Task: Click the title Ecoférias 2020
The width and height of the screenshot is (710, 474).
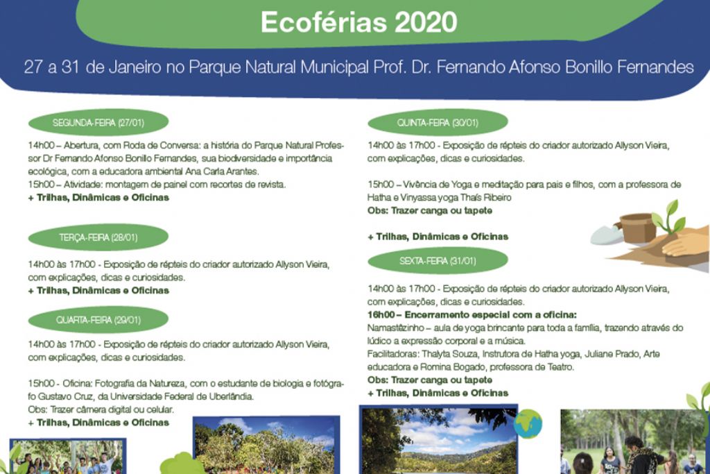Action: [358, 22]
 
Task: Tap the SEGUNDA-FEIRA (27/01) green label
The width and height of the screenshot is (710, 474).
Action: [98, 122]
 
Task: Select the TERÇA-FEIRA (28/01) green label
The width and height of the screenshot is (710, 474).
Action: [98, 237]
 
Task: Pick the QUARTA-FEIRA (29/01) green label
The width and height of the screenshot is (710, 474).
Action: [98, 320]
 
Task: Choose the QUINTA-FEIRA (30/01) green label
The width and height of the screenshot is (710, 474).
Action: [438, 122]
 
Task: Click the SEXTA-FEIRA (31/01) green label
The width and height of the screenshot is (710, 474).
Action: [438, 260]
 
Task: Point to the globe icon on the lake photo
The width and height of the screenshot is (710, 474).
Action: [528, 424]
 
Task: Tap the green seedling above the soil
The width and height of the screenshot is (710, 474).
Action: [668, 216]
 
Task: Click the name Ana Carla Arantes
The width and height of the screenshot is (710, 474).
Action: [222, 171]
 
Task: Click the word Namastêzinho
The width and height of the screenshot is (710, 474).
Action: [396, 328]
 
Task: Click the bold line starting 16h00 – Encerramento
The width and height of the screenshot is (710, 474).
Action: [472, 315]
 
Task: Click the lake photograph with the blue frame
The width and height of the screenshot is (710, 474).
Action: [438, 439]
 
